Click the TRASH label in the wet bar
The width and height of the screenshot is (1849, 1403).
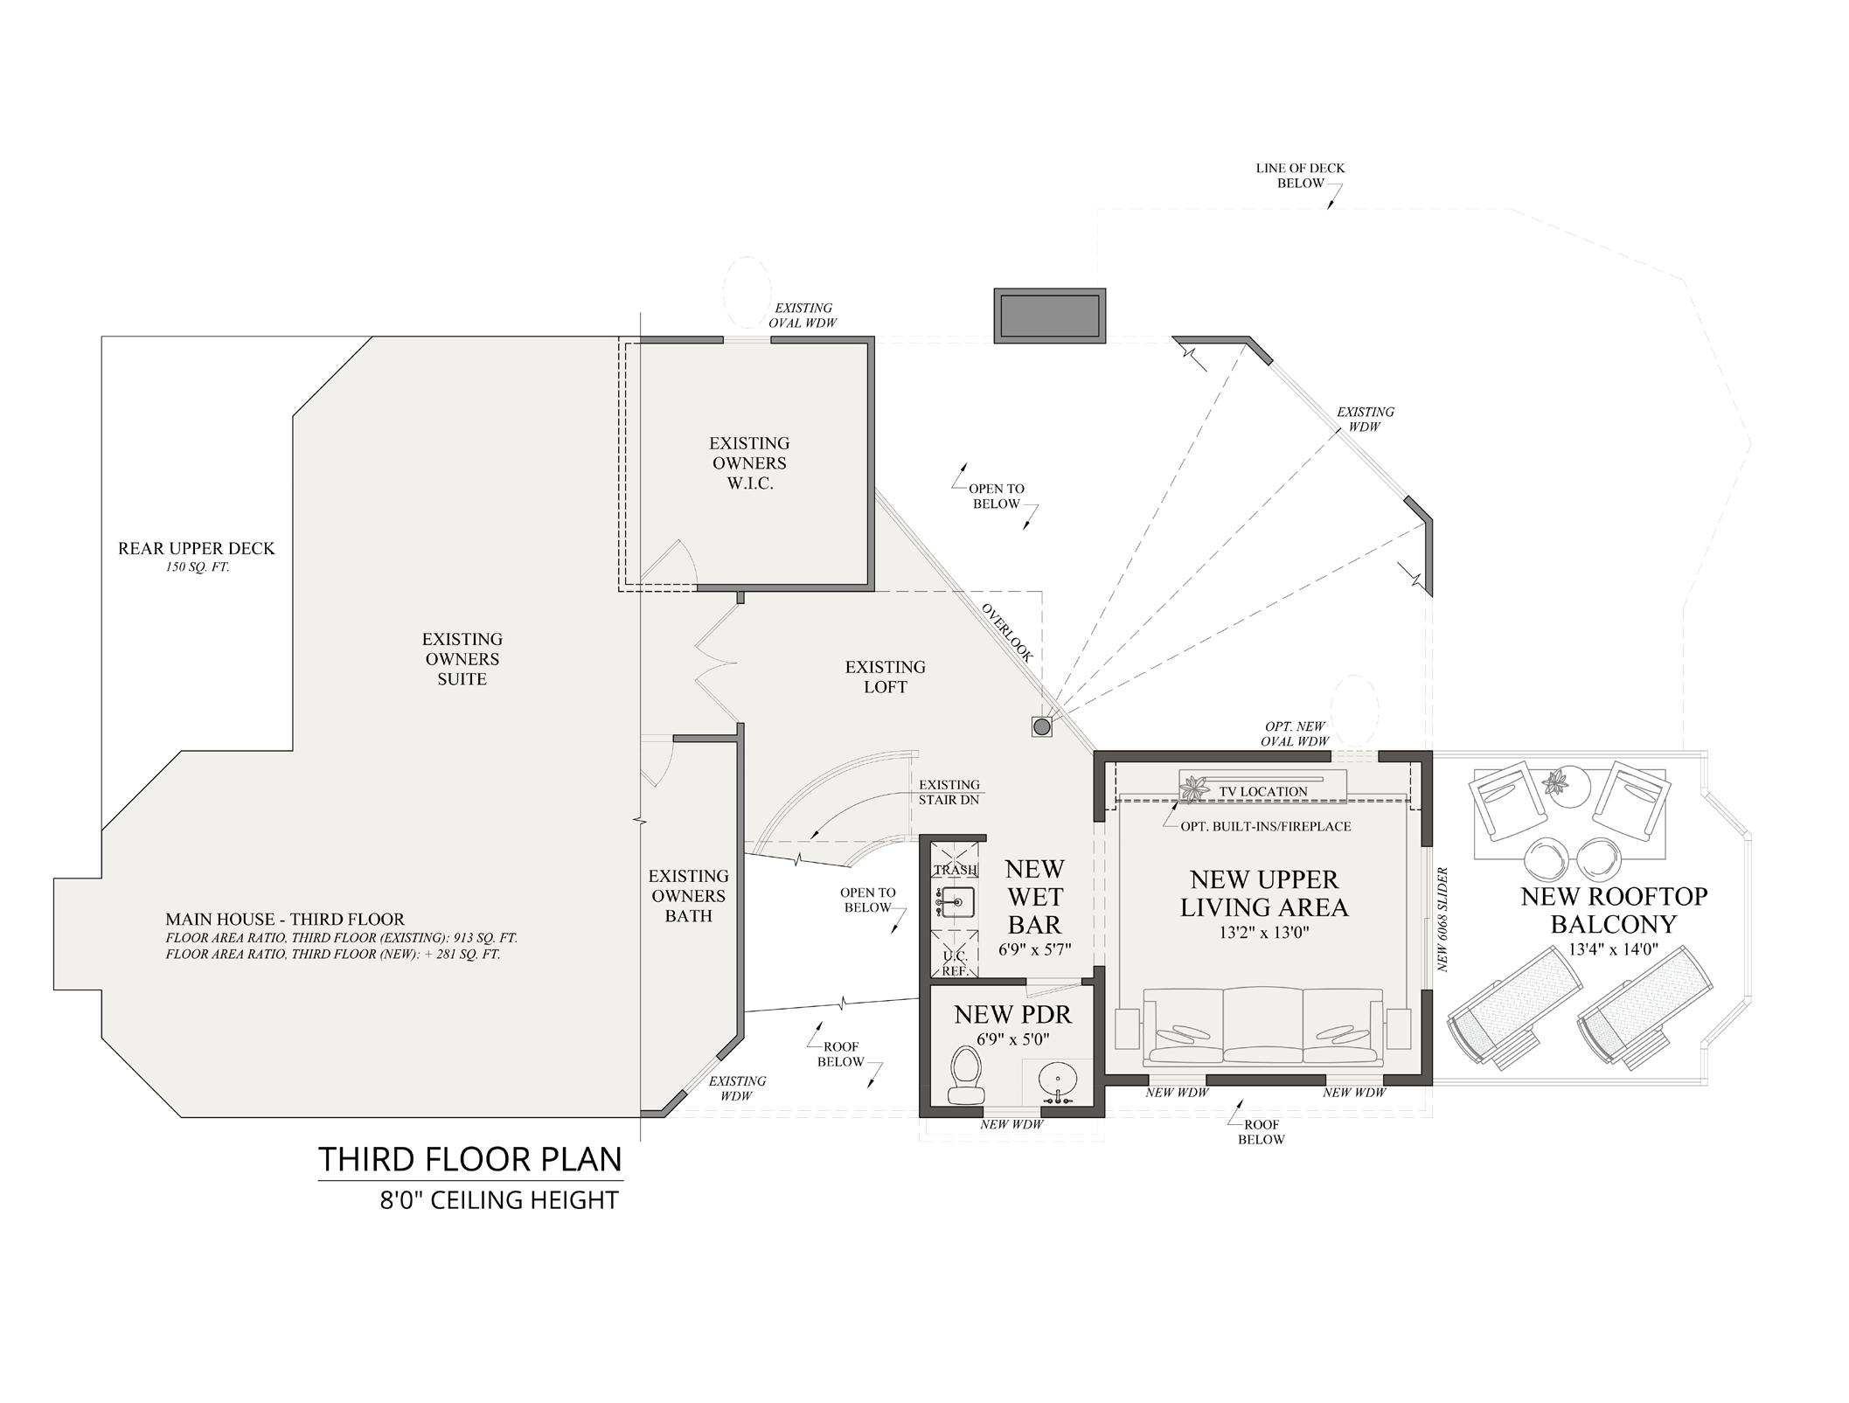coord(956,870)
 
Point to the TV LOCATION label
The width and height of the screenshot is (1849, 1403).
coord(1263,792)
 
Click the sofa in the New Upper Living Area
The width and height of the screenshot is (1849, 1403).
coord(1264,1025)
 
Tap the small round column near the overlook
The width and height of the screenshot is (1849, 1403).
coord(1041,726)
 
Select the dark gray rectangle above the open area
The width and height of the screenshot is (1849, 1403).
coord(1049,315)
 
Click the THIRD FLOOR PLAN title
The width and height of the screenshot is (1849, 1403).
coord(470,1159)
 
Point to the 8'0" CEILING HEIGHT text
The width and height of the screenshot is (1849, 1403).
coord(499,1200)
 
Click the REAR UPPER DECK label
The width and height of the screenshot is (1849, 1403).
coord(197,548)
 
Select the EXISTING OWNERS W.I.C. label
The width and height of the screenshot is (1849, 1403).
coord(749,463)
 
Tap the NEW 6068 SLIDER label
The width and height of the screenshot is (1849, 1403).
coord(1443,919)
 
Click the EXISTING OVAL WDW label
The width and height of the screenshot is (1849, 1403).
coord(803,315)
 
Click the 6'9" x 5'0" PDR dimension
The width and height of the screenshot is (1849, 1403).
coord(1012,1039)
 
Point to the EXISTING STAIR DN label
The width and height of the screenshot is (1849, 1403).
coord(949,792)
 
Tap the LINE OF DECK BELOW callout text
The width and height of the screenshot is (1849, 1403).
coord(1300,176)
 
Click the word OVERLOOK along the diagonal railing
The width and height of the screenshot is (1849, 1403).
coord(1006,632)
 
